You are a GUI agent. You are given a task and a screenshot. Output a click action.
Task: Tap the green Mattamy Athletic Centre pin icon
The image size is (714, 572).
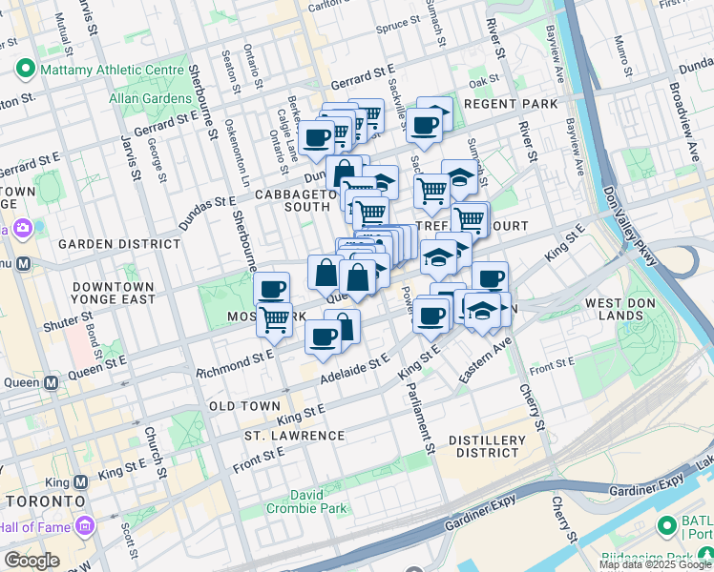[25, 70]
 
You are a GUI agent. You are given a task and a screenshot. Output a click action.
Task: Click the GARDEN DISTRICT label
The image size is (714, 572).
[118, 244]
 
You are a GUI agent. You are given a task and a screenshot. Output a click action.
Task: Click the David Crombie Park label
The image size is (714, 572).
[320, 502]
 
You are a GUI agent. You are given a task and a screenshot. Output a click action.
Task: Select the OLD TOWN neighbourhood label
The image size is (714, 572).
[245, 406]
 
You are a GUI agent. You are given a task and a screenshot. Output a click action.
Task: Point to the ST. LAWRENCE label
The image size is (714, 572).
[294, 436]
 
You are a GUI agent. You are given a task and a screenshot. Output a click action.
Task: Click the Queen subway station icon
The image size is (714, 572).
[52, 382]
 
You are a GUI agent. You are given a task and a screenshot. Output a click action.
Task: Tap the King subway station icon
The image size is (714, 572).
[82, 482]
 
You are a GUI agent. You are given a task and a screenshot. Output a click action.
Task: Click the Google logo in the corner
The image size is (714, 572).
[32, 561]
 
